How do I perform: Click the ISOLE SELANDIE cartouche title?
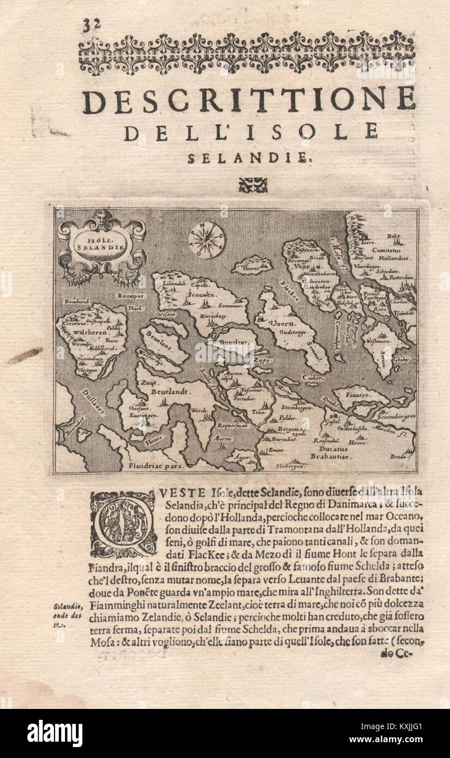pos(102,242)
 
